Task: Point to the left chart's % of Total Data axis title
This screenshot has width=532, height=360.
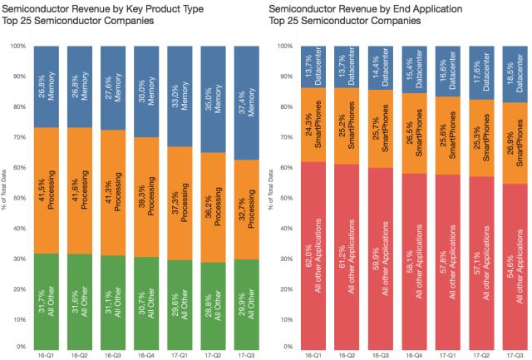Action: (6, 196)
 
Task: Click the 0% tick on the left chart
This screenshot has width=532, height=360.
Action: (22, 346)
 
